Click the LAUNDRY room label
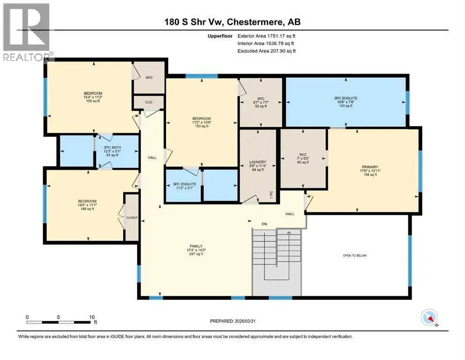(x=258, y=162)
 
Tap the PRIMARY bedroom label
(x=370, y=167)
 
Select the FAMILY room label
(x=196, y=247)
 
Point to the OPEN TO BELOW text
(x=354, y=255)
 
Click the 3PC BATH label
(x=112, y=148)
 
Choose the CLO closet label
(x=148, y=102)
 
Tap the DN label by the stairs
(x=264, y=224)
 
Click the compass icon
(x=429, y=317)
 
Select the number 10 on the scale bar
(x=92, y=317)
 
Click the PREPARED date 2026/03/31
(x=245, y=321)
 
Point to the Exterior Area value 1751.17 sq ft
(x=281, y=36)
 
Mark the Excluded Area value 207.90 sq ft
(x=283, y=51)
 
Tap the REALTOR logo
(x=27, y=32)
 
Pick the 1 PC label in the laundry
(x=271, y=195)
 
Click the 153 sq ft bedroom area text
(x=202, y=126)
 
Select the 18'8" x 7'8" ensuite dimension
(x=346, y=102)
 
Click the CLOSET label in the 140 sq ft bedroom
(x=132, y=217)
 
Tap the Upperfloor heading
(x=220, y=36)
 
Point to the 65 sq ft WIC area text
(x=303, y=162)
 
